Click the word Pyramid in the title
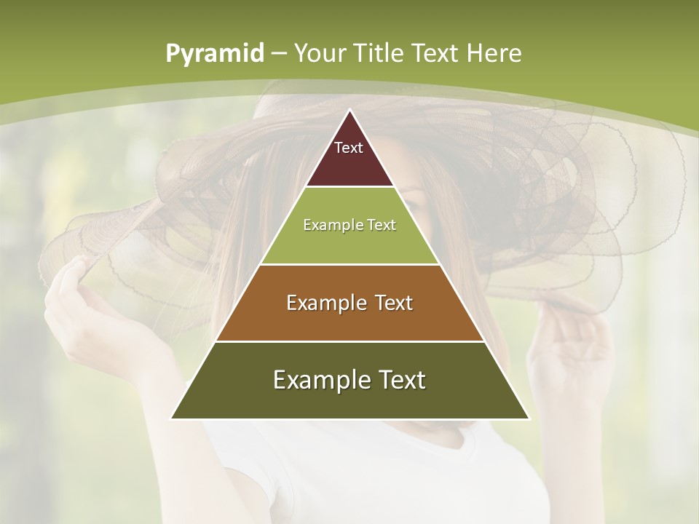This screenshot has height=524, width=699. pyautogui.click(x=214, y=54)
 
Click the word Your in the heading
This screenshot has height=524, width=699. pyautogui.click(x=319, y=54)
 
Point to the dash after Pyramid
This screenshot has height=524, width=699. pyautogui.click(x=278, y=54)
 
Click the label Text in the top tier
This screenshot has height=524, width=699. pyautogui.click(x=349, y=148)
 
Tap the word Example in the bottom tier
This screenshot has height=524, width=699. pyautogui.click(x=317, y=380)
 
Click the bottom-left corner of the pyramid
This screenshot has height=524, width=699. pyautogui.click(x=172, y=418)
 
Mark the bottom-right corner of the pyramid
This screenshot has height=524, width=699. pyautogui.click(x=529, y=418)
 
